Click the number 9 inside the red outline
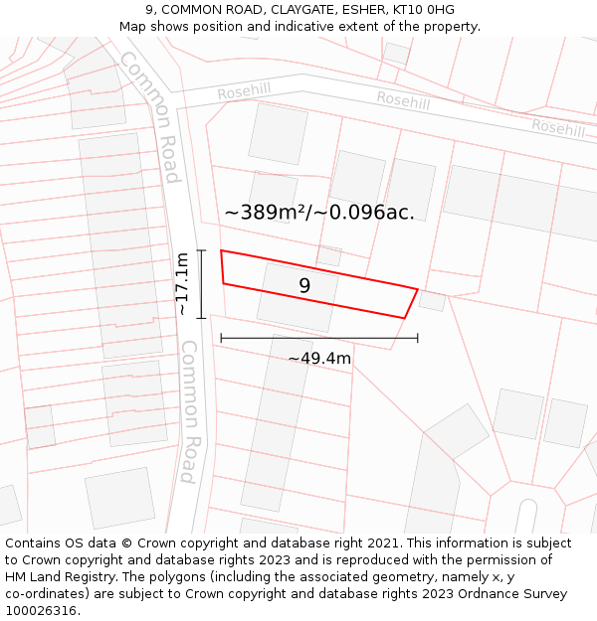point(304,286)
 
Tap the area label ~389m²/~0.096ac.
point(319,212)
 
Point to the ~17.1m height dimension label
point(182,284)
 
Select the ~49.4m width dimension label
point(319,358)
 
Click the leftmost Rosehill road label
point(244,90)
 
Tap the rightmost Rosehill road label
point(558,127)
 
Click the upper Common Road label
point(151,117)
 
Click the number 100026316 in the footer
point(43,611)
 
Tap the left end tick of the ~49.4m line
point(221,338)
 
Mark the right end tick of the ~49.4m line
point(418,338)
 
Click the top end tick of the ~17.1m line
point(202,250)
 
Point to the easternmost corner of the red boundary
point(418,288)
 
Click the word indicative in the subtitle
point(325,27)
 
